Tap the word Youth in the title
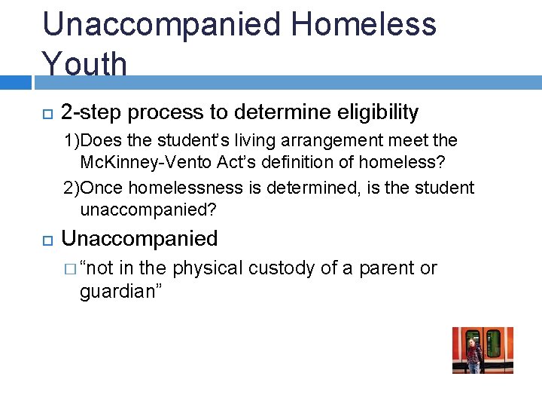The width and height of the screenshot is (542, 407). (x=84, y=64)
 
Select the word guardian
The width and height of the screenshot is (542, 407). (x=112, y=292)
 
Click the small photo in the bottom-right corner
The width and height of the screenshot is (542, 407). (x=483, y=350)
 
